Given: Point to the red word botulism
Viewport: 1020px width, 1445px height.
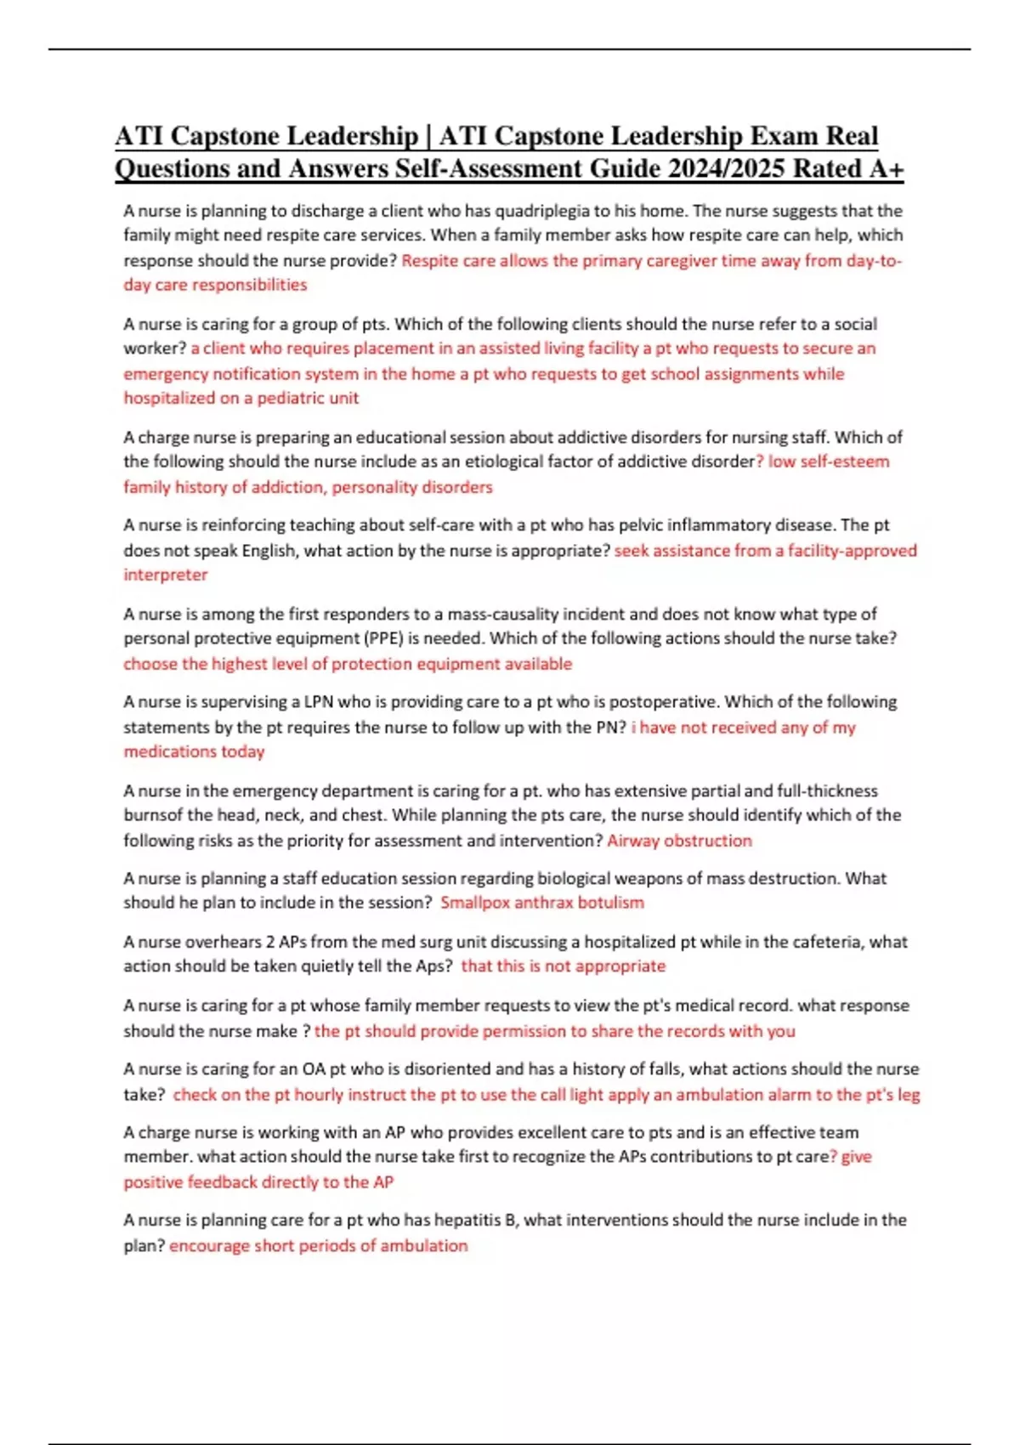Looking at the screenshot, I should point(610,903).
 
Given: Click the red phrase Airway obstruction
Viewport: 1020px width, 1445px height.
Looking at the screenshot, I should point(679,841).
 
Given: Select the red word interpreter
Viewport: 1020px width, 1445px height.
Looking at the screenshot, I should point(166,575).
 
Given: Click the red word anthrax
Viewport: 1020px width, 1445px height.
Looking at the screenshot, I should point(544,903).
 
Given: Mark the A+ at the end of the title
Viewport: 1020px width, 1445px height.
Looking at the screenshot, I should point(886,168).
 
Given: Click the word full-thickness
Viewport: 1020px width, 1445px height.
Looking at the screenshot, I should point(827,790).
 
